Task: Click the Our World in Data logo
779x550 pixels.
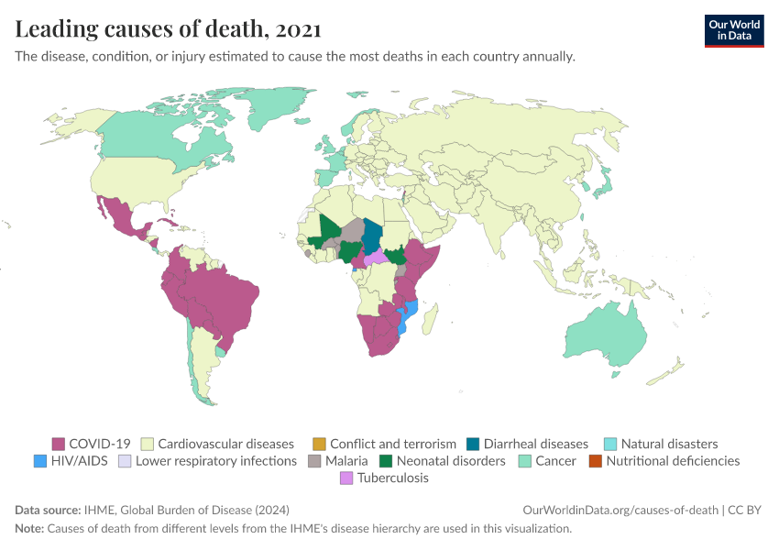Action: (x=733, y=30)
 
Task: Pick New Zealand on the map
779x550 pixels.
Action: (x=669, y=370)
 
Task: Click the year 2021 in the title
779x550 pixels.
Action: (x=298, y=29)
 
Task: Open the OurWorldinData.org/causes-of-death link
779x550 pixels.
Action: (x=620, y=511)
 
